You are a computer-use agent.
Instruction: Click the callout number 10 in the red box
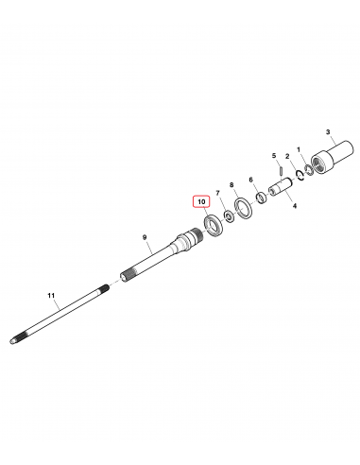(201, 201)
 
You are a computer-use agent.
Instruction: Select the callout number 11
(51, 295)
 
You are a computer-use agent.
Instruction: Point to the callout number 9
(145, 237)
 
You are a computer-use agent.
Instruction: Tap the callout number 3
(328, 131)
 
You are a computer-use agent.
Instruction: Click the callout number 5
(274, 155)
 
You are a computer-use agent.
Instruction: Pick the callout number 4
(295, 206)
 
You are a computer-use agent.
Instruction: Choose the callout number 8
(231, 184)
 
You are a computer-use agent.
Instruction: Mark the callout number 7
(217, 193)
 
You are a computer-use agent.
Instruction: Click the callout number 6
(250, 180)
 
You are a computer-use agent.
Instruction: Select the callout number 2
(287, 156)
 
